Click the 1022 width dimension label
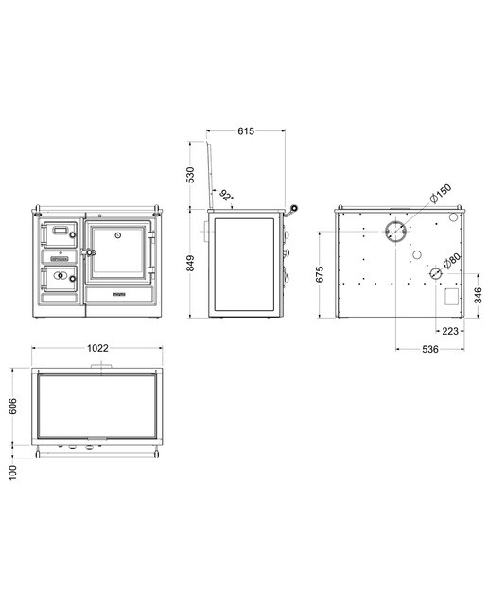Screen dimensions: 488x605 click(x=97, y=348)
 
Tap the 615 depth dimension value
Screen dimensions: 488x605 click(x=246, y=131)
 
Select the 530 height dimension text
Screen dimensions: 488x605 click(x=190, y=175)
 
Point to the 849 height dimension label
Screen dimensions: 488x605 click(x=190, y=263)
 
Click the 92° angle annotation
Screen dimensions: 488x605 click(x=227, y=196)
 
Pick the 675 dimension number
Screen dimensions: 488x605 click(x=320, y=274)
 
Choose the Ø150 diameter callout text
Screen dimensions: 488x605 click(x=441, y=194)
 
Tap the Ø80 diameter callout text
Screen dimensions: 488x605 click(x=452, y=261)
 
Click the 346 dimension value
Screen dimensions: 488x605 click(x=478, y=295)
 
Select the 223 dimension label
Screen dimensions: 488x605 click(x=450, y=331)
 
